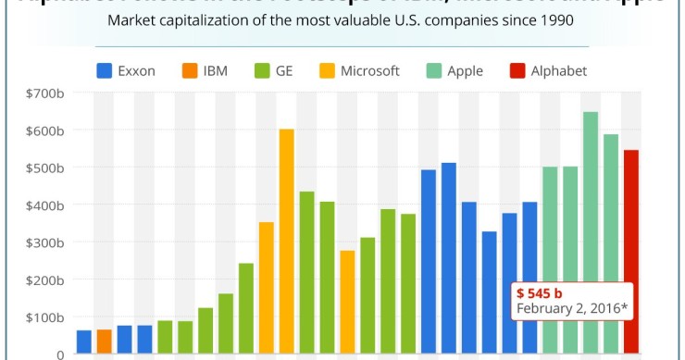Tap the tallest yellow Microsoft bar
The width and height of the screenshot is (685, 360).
click(x=287, y=241)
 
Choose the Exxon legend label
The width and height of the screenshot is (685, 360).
click(x=136, y=70)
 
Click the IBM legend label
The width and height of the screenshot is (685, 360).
click(x=216, y=70)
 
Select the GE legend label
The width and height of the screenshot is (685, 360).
click(x=287, y=70)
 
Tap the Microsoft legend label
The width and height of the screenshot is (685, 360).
click(x=369, y=70)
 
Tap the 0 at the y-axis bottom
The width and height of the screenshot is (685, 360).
click(x=59, y=354)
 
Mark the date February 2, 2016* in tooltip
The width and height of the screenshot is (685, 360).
click(x=572, y=308)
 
